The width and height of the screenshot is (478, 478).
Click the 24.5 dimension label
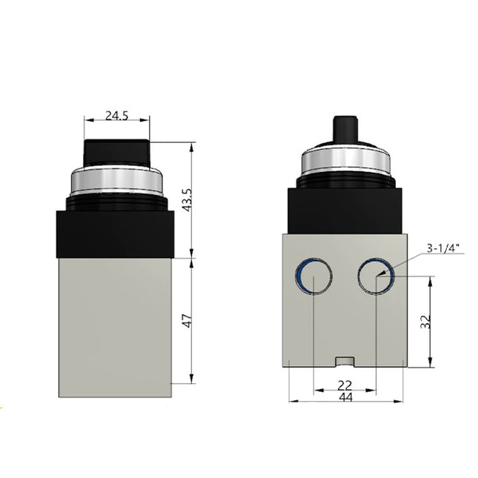[x=116, y=115]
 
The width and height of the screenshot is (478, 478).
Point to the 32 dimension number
[x=424, y=321]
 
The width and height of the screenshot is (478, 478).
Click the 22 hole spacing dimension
[x=345, y=385]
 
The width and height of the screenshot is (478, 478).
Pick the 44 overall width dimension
[x=345, y=397]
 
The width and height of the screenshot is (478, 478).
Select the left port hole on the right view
[x=314, y=277]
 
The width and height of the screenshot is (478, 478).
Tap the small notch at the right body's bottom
[x=345, y=362]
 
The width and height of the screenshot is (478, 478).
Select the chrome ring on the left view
[x=116, y=180]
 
